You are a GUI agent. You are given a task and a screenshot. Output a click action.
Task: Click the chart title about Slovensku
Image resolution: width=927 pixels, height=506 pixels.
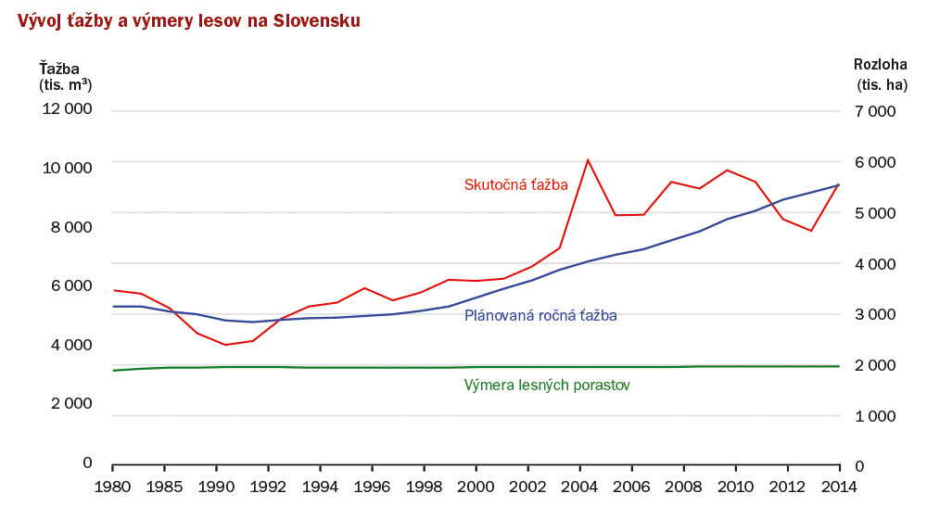(184, 20)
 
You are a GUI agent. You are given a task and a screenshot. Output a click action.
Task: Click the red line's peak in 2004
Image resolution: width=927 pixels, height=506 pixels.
(588, 159)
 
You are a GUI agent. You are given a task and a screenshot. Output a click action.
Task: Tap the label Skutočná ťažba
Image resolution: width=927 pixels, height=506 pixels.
(515, 184)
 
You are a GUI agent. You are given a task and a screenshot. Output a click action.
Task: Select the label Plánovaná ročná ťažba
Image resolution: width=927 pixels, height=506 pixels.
(540, 315)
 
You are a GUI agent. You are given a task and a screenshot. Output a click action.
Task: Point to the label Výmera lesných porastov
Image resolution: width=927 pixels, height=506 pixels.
(547, 385)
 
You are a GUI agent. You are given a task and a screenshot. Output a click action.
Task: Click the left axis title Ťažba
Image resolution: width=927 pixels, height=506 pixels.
(59, 68)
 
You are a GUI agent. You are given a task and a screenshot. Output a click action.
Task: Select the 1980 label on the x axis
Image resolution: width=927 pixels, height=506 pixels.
(112, 486)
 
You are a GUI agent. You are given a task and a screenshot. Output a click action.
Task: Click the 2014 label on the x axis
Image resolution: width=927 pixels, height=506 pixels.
(839, 486)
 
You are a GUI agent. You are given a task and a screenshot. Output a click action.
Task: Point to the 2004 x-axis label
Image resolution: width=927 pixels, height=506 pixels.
(580, 486)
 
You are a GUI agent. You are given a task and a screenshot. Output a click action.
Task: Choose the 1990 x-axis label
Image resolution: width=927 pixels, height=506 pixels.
(216, 486)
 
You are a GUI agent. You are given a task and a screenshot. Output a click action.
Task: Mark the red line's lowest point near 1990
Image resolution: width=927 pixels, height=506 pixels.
(225, 345)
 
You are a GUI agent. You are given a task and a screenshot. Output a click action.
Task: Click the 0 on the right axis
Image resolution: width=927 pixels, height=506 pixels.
(857, 466)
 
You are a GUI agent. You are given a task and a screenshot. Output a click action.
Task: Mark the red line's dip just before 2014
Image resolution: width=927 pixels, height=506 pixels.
(811, 231)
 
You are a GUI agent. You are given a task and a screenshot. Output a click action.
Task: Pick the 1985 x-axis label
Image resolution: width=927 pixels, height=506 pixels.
(164, 486)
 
